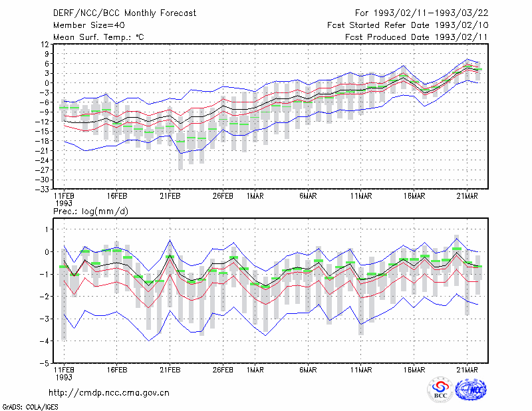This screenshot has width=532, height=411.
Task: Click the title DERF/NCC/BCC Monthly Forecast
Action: [124, 13]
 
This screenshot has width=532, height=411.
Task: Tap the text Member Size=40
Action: [89, 25]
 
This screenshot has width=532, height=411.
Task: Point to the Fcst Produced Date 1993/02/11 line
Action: [416, 37]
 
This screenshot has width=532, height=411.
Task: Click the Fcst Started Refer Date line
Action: [408, 25]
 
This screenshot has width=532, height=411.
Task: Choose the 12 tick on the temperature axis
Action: [45, 44]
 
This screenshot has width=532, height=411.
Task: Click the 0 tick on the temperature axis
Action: [47, 83]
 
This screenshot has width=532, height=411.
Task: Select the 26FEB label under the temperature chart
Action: [223, 196]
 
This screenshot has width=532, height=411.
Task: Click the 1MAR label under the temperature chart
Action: [255, 196]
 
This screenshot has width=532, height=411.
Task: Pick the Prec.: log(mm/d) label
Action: [90, 211]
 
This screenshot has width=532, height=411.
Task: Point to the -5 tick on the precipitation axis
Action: [45, 363]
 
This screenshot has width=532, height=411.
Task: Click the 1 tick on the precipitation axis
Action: [47, 229]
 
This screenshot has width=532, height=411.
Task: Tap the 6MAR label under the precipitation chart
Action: [308, 370]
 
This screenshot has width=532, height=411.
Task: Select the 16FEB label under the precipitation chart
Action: [117, 370]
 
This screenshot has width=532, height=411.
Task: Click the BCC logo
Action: [440, 390]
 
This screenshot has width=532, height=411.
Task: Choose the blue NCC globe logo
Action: [471, 390]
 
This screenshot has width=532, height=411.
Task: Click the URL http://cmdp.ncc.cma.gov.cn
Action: [109, 392]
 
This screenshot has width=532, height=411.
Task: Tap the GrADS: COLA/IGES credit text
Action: [30, 407]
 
